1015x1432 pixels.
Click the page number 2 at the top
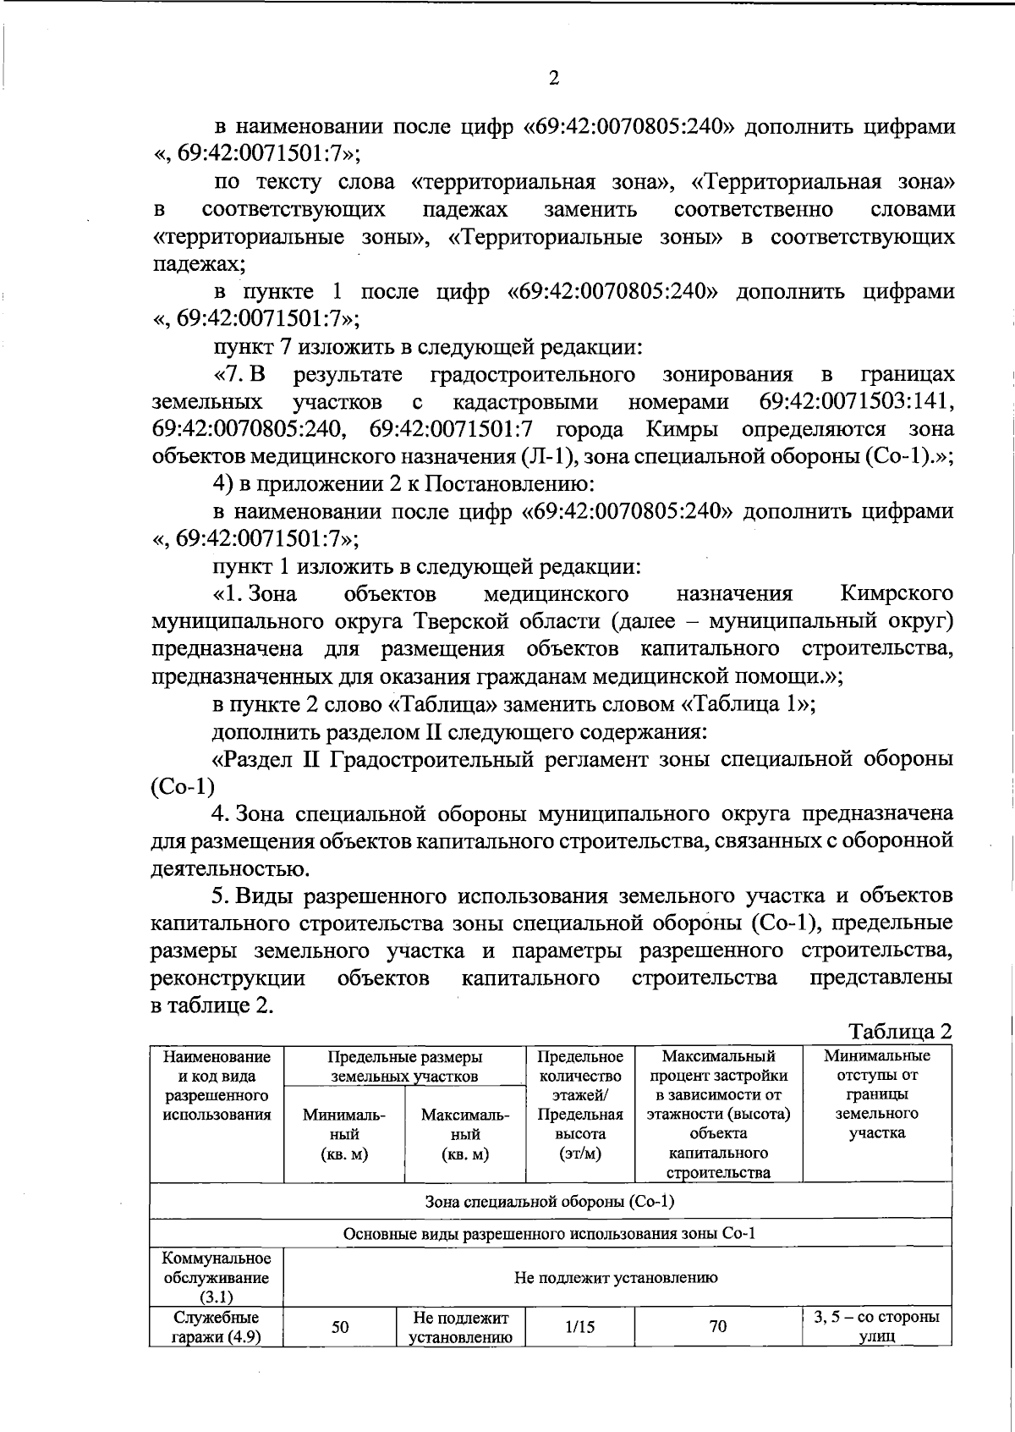(x=554, y=79)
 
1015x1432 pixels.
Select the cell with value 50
(x=340, y=1327)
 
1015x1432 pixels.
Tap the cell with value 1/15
(x=579, y=1327)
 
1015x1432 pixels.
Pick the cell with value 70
(x=717, y=1327)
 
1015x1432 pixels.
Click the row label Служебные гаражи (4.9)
(x=217, y=1327)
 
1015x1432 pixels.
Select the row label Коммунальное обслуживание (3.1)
(x=217, y=1278)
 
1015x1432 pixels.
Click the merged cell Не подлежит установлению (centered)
(x=616, y=1278)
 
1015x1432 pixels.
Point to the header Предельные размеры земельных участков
(x=404, y=1066)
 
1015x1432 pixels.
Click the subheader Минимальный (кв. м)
(x=343, y=1135)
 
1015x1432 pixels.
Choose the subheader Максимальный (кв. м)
(x=464, y=1135)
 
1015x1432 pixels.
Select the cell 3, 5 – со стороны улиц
(x=876, y=1327)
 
